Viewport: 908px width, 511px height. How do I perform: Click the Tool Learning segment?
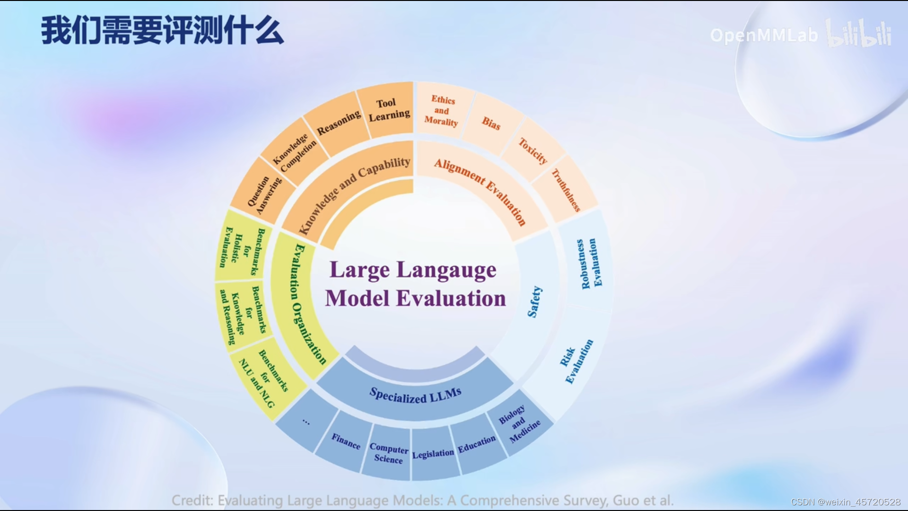point(388,110)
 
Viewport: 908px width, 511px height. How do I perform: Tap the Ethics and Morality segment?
point(442,111)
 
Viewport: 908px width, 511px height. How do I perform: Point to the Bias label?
point(491,123)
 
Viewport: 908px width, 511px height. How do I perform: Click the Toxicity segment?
point(533,151)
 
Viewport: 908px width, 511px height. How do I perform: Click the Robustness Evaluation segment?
point(588,263)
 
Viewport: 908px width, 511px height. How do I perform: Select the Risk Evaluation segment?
point(575,361)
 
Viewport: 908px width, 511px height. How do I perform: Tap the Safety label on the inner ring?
point(535,301)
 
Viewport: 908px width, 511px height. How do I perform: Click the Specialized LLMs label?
point(415,395)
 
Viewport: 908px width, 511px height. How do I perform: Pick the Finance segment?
point(346,441)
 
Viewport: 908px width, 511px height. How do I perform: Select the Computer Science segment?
point(388,453)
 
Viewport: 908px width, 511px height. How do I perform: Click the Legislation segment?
point(433,454)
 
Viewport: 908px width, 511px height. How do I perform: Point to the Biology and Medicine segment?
point(518,423)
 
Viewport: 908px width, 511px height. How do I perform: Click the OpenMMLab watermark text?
point(763,35)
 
